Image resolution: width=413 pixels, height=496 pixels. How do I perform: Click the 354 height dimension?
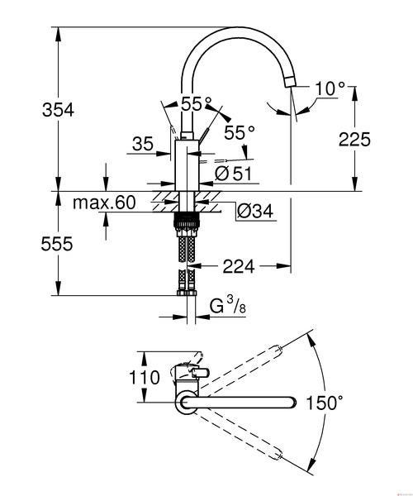tap(58, 110)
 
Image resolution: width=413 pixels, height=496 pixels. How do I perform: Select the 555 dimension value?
tap(57, 244)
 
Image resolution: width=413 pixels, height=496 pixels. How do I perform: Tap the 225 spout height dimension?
tap(354, 139)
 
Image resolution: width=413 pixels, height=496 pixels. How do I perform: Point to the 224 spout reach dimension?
tap(239, 267)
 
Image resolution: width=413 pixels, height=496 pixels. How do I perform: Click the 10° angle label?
tap(330, 88)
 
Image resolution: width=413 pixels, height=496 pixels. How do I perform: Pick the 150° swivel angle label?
tap(325, 403)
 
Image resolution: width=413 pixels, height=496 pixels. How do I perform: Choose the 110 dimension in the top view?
tap(145, 377)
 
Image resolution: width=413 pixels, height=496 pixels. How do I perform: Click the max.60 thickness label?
tap(104, 203)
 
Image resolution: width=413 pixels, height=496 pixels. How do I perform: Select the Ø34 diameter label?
tap(254, 210)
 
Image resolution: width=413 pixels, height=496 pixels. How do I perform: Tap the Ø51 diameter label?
tap(234, 174)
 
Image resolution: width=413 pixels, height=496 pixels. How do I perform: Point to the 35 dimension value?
tap(143, 144)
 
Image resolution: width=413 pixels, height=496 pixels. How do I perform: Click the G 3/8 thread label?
tap(227, 305)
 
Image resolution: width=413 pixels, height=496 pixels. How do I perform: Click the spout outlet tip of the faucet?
tap(290, 82)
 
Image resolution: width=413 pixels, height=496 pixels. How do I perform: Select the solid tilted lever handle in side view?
tap(203, 134)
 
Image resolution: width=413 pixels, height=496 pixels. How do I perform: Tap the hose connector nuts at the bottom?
tap(187, 293)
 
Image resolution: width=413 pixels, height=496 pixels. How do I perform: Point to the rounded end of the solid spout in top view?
tap(292, 402)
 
